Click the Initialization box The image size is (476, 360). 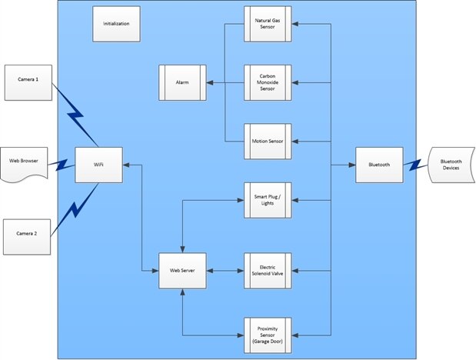(x=115, y=25)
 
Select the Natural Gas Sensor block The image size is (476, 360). (x=267, y=25)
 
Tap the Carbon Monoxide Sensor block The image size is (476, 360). (x=267, y=83)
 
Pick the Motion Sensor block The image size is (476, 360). (x=267, y=142)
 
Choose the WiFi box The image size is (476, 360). (x=98, y=165)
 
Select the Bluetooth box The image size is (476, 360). (x=379, y=165)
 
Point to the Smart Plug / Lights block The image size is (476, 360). (x=267, y=201)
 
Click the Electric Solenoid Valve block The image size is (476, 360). (x=267, y=271)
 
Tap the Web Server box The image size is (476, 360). (x=182, y=271)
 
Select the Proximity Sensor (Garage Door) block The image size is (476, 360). (x=267, y=335)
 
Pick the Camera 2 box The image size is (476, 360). (x=28, y=235)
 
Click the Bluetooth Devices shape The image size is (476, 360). (x=450, y=165)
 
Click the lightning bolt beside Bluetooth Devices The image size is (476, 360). (x=415, y=165)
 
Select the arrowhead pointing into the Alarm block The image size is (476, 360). (x=209, y=83)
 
